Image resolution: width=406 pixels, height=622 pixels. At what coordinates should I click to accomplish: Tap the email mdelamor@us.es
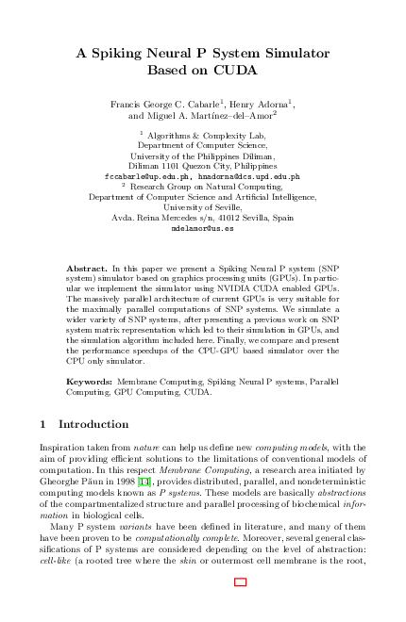click(x=203, y=228)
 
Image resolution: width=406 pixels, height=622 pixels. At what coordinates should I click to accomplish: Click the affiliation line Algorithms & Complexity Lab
click(x=206, y=136)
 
